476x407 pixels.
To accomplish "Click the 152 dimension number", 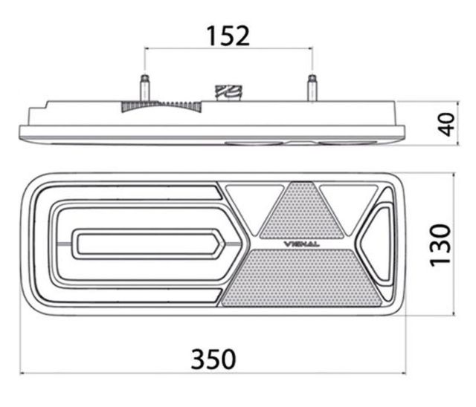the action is tap(228, 36).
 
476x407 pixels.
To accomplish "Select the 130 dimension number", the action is tap(441, 246).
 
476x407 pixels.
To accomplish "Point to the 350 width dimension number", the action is tap(213, 359).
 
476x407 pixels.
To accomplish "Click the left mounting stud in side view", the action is tap(144, 88).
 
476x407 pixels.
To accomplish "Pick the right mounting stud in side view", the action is tap(312, 88).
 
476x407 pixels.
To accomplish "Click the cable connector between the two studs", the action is tap(229, 93).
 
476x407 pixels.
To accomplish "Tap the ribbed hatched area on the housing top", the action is tap(161, 106).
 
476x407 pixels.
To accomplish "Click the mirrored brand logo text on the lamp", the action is tap(301, 244).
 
